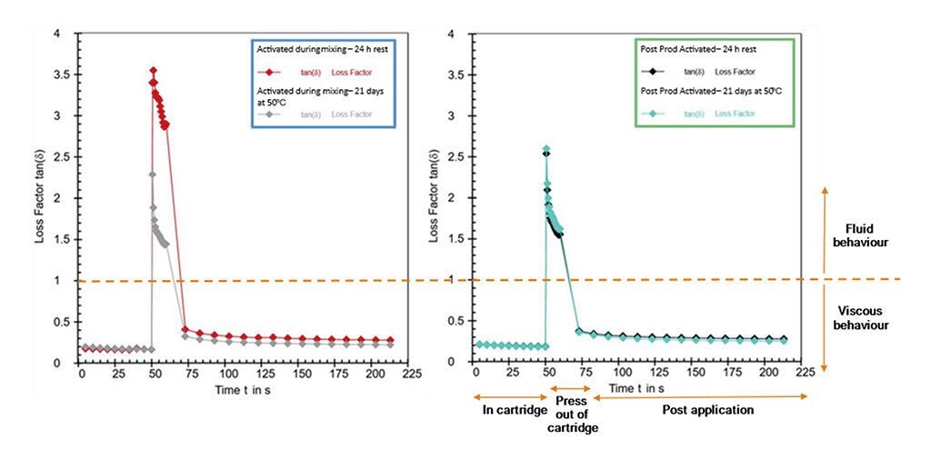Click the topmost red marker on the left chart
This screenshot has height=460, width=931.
click(154, 70)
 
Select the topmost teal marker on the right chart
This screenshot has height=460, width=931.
click(546, 149)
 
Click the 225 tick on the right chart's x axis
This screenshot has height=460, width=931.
click(805, 374)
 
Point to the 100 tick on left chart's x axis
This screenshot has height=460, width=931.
click(227, 374)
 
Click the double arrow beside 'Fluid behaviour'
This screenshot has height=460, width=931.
click(824, 277)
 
